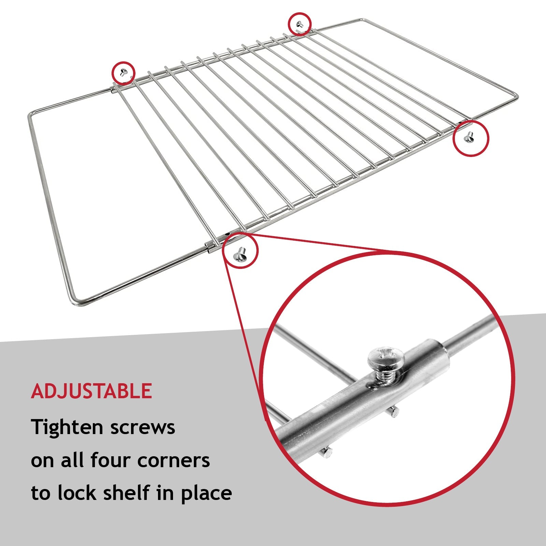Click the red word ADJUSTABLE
91,391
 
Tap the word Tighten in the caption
67,427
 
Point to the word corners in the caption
173,460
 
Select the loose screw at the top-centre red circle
300,24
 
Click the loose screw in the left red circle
124,72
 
